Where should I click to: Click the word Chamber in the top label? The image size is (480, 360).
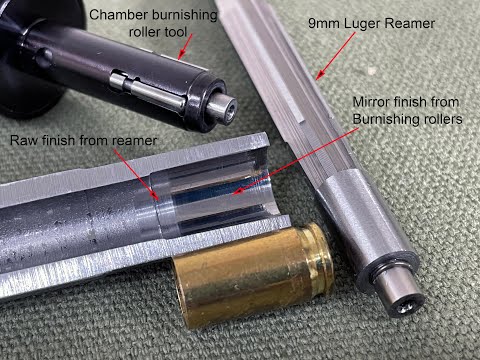118,15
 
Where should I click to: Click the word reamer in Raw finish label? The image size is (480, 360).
135,141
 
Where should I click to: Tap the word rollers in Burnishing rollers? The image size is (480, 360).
441,119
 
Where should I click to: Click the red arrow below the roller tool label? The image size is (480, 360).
185,46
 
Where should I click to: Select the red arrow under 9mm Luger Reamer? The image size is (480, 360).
336,56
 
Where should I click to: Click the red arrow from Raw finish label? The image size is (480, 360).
136,175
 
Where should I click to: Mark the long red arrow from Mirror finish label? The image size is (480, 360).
295,162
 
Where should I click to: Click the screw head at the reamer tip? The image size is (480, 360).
406,307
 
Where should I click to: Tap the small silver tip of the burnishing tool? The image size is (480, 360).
223,109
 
